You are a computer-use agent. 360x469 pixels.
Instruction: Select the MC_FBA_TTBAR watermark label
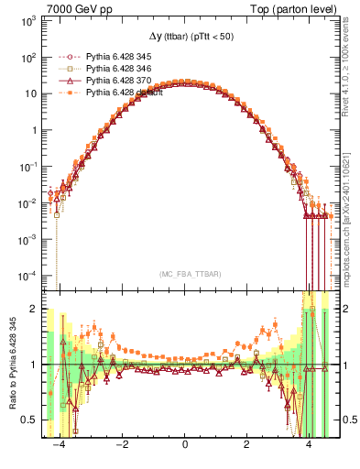click(x=184, y=274)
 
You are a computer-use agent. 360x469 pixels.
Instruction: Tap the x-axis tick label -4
click(x=60, y=443)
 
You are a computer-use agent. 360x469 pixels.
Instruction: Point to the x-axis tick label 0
click(x=185, y=443)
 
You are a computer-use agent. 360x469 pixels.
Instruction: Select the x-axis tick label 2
click(x=246, y=443)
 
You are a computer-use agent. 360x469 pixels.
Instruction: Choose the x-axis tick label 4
click(x=308, y=443)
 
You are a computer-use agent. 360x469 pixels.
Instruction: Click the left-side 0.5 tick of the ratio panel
click(x=29, y=420)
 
